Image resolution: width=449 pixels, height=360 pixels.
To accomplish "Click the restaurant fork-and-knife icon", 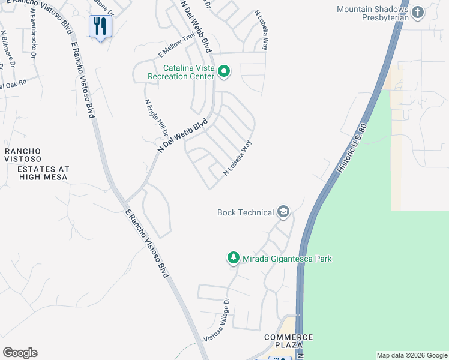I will (100, 26).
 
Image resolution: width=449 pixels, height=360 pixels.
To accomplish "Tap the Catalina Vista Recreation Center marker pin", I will (224, 73).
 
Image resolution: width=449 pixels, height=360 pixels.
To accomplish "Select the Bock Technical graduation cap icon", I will (283, 212).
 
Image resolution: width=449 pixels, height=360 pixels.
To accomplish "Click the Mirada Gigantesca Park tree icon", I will (233, 259).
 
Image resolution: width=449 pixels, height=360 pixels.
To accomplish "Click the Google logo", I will (20, 353).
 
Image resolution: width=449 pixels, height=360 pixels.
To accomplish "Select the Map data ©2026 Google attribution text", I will (412, 355).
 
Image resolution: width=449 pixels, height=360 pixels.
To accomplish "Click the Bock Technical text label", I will (246, 212).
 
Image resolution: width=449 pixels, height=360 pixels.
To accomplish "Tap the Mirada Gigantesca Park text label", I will (287, 259).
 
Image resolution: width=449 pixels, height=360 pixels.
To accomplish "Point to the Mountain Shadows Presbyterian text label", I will (373, 13).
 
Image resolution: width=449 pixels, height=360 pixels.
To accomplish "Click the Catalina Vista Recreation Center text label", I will (181, 73).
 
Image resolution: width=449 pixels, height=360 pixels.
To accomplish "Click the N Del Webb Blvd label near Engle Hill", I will (182, 134).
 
